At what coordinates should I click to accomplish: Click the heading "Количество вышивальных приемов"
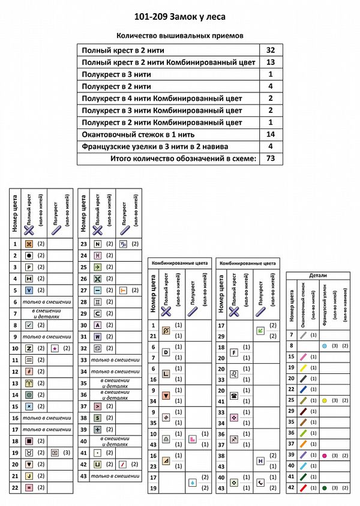click(180, 35)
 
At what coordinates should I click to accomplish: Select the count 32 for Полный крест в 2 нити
click(270, 50)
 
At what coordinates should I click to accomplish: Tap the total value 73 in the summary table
click(270, 158)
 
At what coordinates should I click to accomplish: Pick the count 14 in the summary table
click(270, 134)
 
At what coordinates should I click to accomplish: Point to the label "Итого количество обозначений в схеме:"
click(184, 158)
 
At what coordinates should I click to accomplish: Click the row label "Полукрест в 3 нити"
click(116, 74)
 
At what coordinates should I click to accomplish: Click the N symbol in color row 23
click(97, 244)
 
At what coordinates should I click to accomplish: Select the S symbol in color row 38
click(97, 417)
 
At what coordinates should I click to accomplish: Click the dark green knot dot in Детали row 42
click(324, 488)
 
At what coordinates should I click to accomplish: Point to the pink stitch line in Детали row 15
click(304, 357)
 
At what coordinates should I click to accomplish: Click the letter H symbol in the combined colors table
click(260, 461)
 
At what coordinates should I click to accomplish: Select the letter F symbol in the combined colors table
click(235, 352)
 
